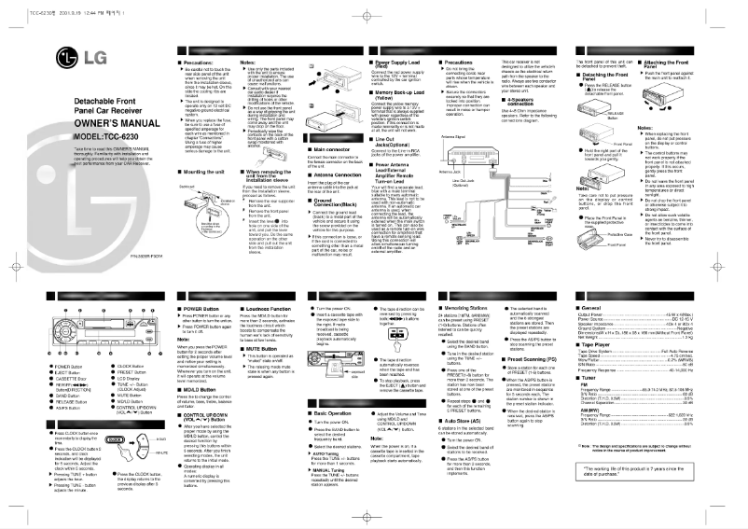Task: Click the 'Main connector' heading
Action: pos(314,147)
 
